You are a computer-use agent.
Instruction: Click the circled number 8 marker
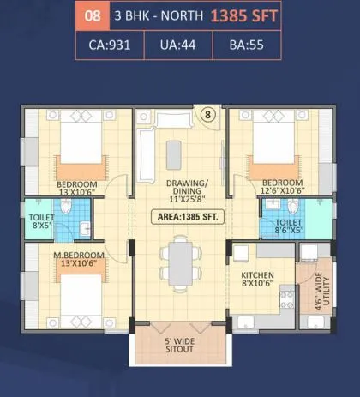click(207, 113)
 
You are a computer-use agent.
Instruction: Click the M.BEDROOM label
click(80, 260)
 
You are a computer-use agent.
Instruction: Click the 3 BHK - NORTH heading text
click(155, 15)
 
